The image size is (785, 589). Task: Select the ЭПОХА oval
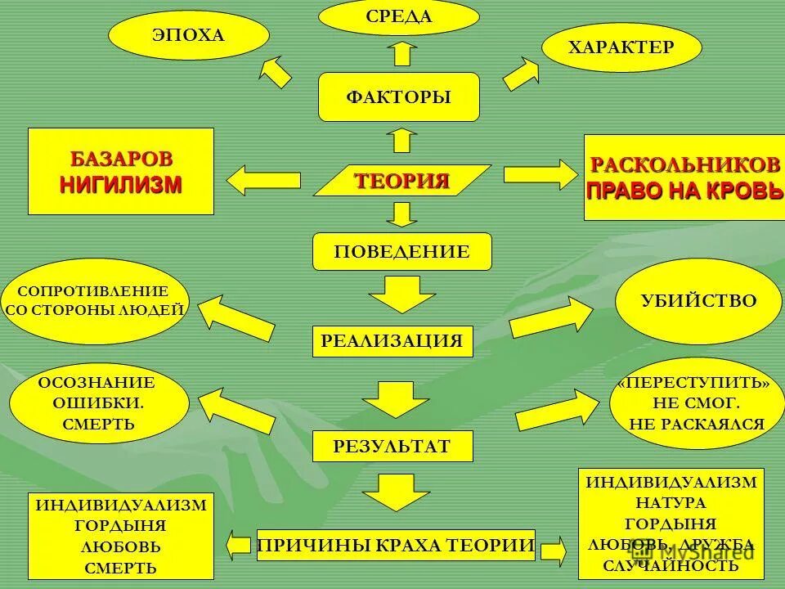[x=188, y=36]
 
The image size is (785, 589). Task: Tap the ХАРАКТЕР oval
[x=621, y=47]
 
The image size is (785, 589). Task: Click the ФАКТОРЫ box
[x=398, y=97]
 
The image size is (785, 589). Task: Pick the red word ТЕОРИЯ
[x=401, y=181]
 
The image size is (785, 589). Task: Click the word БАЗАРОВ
[x=121, y=157]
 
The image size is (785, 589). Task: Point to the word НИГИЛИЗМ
[x=121, y=184]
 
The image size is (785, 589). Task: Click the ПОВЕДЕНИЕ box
[x=401, y=251]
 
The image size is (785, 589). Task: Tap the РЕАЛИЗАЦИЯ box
[x=392, y=341]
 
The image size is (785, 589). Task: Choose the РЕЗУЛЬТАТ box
[x=392, y=446]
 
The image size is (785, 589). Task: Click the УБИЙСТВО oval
[x=698, y=300]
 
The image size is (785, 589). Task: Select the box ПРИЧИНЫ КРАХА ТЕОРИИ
[x=397, y=545]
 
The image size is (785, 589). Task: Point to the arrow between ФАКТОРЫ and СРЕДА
[x=401, y=53]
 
